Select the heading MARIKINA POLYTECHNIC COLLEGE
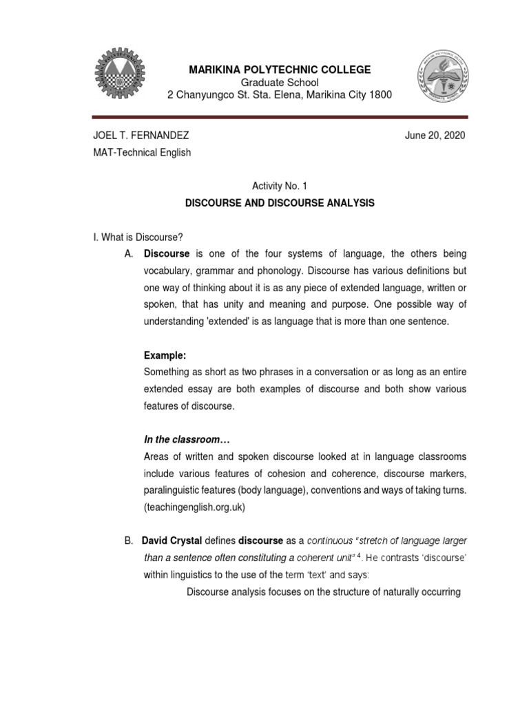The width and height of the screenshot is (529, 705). click(280, 70)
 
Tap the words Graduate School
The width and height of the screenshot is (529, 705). click(280, 82)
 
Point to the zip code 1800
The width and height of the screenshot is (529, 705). click(380, 94)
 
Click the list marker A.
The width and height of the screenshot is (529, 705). click(128, 254)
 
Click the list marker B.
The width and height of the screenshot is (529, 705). click(128, 542)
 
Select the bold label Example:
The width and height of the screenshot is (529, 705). click(165, 355)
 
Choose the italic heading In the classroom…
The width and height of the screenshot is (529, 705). click(185, 439)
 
